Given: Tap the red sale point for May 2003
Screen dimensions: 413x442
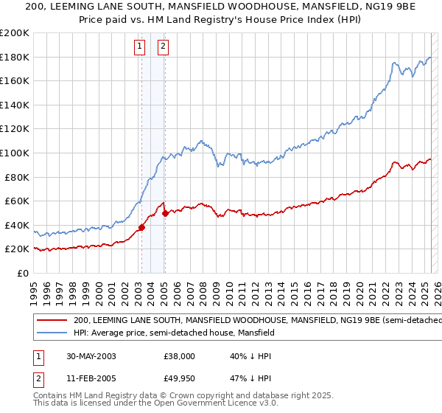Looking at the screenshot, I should pos(141,227).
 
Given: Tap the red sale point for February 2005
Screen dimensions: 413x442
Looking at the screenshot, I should pos(165,213).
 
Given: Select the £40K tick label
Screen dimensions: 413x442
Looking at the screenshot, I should pos(17,225).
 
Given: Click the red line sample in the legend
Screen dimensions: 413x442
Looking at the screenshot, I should pos(52,320).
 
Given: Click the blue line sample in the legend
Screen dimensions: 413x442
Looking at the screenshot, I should pos(52,333).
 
